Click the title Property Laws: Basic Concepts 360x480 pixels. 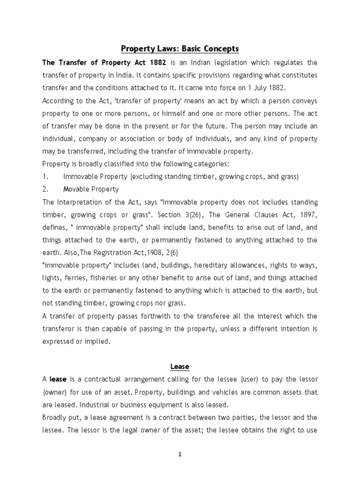click(x=180, y=49)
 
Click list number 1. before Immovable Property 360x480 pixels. click(x=45, y=177)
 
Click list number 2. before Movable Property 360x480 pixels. click(x=45, y=189)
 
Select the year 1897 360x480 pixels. click(x=307, y=215)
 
